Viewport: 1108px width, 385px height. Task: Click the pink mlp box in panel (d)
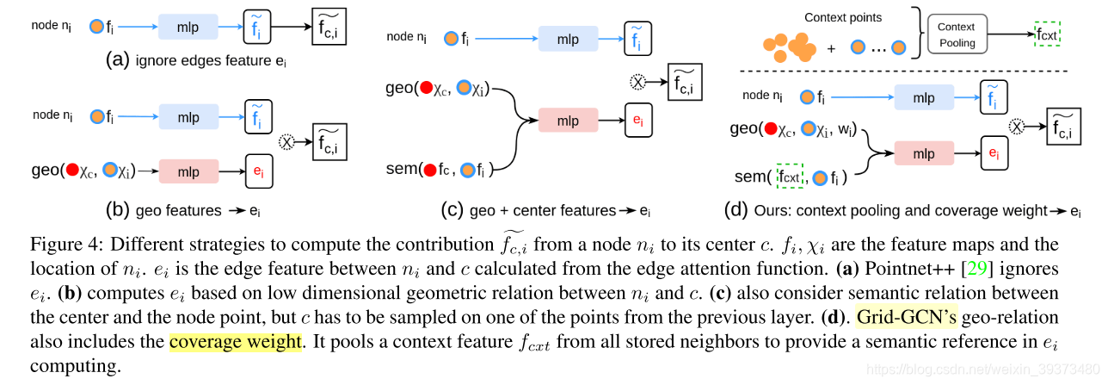pos(924,154)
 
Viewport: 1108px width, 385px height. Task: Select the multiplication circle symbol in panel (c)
pos(637,81)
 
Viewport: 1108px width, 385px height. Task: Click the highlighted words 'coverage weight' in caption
pos(236,342)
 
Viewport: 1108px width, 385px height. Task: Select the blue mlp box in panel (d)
pos(924,97)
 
